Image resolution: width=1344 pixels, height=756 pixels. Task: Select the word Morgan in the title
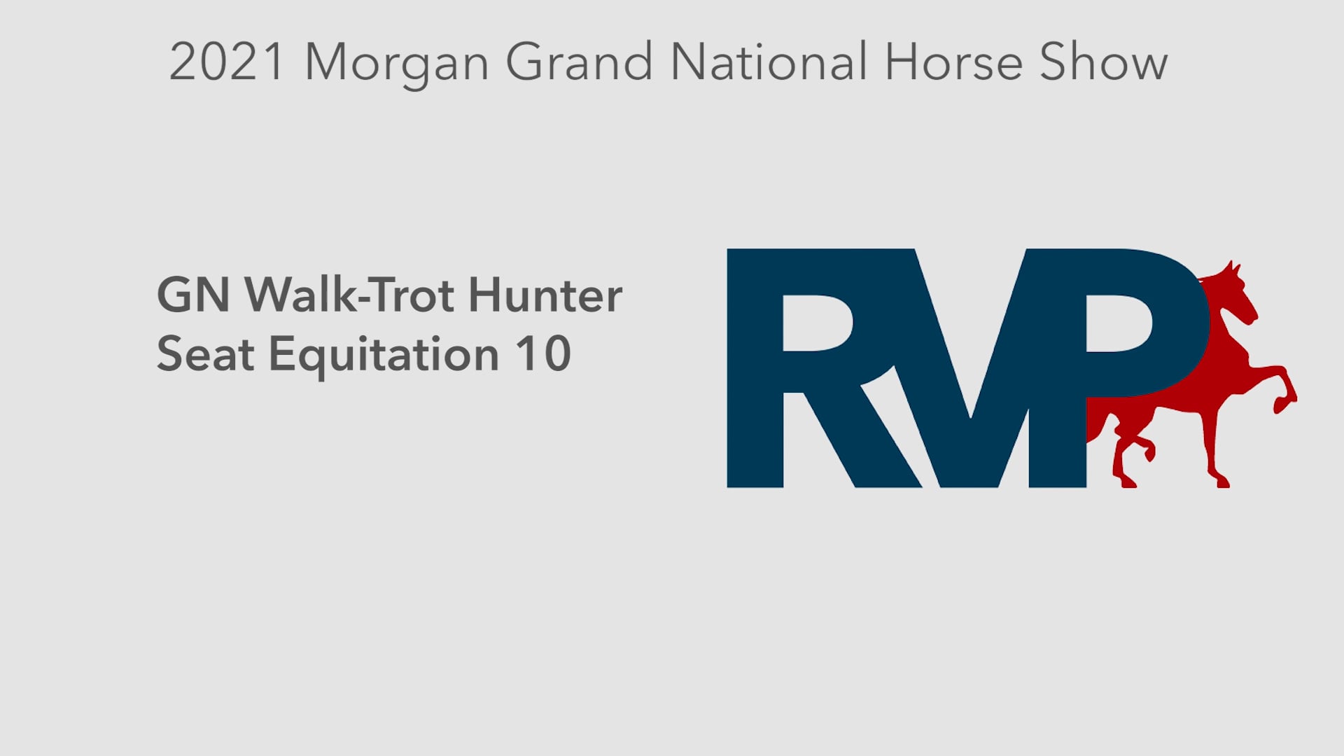coord(396,64)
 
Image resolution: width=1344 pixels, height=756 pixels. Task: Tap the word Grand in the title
coord(579,63)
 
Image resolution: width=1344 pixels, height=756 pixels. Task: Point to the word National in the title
coord(768,63)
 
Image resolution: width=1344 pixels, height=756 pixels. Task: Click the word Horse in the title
coord(953,63)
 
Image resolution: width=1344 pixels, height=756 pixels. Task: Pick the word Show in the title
coord(1103,63)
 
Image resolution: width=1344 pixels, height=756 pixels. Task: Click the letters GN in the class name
coord(193,295)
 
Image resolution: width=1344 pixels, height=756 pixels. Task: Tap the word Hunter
coord(545,295)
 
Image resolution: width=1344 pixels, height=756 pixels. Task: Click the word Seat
coord(205,354)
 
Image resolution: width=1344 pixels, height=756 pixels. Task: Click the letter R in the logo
coord(805,367)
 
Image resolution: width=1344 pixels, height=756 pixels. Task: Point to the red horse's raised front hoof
coord(1285,402)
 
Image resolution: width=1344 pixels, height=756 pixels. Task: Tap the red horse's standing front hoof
coord(1221,481)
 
